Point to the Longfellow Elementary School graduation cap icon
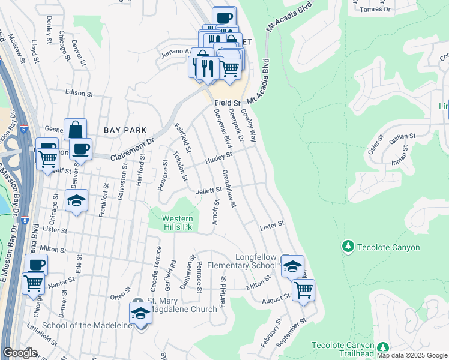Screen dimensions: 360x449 (292, 266)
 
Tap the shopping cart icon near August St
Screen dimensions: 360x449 (303, 290)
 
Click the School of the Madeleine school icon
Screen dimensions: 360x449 (140, 313)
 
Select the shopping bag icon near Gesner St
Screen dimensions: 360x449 (76, 130)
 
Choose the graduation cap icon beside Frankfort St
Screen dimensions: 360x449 (76, 201)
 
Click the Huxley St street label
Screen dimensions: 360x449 (218, 158)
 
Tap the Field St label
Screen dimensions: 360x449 (228, 103)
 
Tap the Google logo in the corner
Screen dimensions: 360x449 (20, 353)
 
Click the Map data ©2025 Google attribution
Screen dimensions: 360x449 (411, 355)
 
